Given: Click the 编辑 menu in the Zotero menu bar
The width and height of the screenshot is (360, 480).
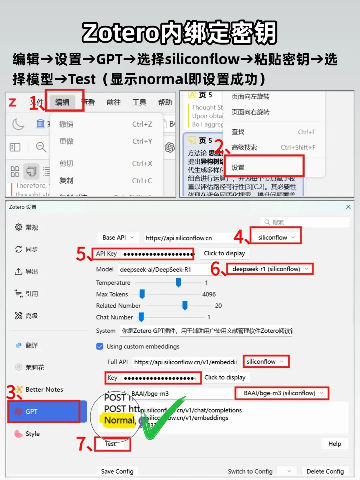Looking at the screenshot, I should click(62, 102).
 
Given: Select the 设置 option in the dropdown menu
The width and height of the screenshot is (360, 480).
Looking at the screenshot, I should click(238, 167).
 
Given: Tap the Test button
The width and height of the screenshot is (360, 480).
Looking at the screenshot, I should click(111, 444).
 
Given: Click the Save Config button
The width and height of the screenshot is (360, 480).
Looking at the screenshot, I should click(117, 471).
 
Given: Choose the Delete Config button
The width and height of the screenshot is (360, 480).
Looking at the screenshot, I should click(325, 471).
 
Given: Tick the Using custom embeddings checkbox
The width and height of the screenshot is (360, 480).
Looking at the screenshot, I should click(100, 346).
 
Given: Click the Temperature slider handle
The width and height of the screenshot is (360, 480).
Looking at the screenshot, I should click(178, 282).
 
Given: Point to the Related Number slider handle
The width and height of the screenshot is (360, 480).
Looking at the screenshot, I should click(185, 305).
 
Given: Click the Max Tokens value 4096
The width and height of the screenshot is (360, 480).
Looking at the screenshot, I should click(209, 294).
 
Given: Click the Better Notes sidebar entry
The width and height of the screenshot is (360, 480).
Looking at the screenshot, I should click(44, 389).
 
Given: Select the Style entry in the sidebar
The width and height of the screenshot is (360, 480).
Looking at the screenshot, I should click(32, 434).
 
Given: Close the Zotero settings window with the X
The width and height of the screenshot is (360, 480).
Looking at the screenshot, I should click(348, 207).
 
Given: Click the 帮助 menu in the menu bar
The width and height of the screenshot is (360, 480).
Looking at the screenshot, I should click(165, 102).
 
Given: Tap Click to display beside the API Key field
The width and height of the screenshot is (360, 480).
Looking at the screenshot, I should click(224, 253).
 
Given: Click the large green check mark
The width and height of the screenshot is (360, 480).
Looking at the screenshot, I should click(163, 418).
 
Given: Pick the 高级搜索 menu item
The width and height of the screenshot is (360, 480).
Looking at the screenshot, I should click(244, 147).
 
